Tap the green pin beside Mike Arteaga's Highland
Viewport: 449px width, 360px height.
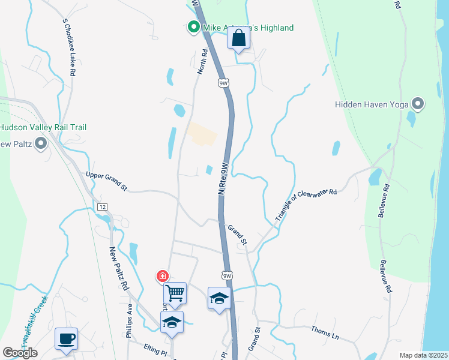point(193,27)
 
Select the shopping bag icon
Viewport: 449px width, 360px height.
point(238,39)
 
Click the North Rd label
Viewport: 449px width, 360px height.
point(203,62)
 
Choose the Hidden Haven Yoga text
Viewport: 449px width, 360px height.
point(372,104)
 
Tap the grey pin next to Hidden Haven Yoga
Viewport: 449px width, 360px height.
point(418,104)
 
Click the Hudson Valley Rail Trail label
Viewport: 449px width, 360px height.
point(43,127)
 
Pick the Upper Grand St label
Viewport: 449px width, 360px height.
point(107,181)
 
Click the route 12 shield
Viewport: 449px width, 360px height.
point(103,206)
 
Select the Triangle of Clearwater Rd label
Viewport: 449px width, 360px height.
point(306,203)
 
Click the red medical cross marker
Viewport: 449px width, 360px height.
point(162,276)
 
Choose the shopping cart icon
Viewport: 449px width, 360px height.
point(175,293)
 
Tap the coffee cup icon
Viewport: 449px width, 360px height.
point(66,338)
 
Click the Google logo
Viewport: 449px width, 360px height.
point(20,353)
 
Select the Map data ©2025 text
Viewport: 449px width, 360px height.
point(423,355)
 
